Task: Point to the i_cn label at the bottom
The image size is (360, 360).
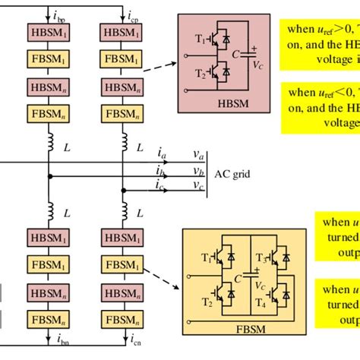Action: pyautogui.click(x=134, y=351)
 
